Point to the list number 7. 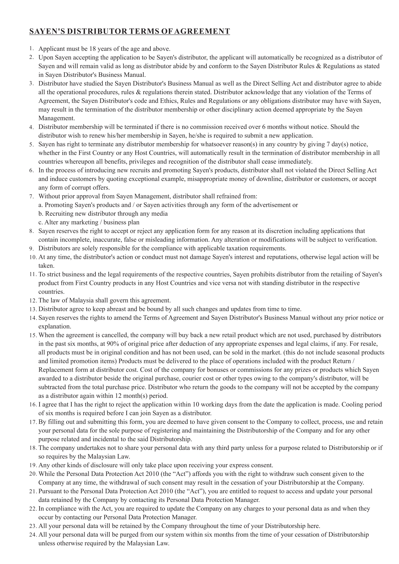pos(31,196)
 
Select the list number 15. pos(33,335)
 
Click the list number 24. pos(33,535)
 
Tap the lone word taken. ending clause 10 pos(46,266)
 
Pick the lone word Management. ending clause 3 pos(57,118)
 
